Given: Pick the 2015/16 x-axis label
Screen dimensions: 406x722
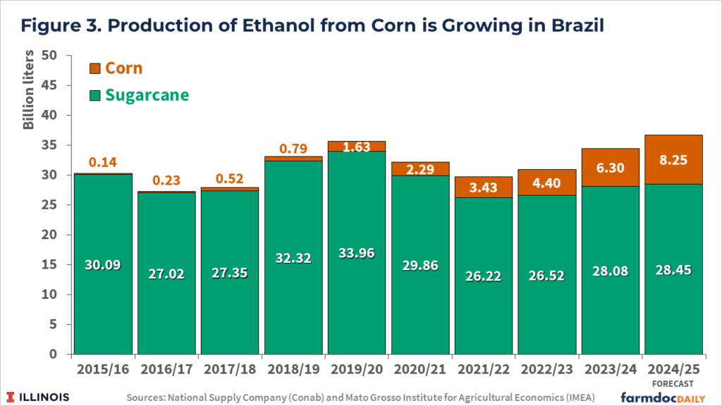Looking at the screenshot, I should point(103,369).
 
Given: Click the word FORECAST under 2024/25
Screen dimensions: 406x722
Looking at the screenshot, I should point(674,383).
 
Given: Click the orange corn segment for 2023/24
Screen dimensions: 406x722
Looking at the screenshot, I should point(611,167).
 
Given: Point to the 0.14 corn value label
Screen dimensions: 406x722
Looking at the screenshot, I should point(103,162).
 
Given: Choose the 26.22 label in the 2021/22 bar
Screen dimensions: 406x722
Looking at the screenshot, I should point(484,276).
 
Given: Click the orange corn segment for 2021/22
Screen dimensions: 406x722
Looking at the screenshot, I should point(484,187).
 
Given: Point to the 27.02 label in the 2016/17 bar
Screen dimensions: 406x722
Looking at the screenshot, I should point(166,273).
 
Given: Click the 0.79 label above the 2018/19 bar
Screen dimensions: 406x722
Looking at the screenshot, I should point(293,148).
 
